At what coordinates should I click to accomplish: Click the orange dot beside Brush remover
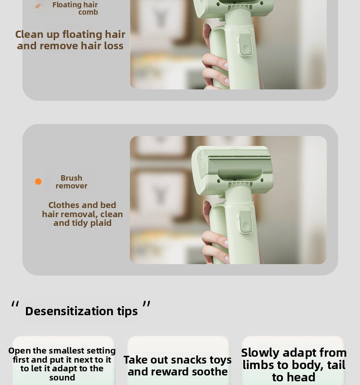tap(38, 182)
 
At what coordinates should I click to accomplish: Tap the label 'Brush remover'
tap(72, 182)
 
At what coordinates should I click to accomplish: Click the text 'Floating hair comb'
tap(75, 8)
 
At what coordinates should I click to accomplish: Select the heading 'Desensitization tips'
tap(82, 311)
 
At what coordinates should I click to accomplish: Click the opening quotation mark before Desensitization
tap(15, 304)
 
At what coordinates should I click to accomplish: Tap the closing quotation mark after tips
tap(146, 304)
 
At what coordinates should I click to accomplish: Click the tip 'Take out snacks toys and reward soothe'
tap(178, 365)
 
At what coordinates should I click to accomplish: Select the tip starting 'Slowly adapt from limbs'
tap(294, 364)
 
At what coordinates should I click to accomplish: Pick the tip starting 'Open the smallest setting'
tap(62, 364)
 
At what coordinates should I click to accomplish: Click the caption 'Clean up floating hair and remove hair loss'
tap(70, 40)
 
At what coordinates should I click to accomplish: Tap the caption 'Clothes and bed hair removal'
tap(82, 214)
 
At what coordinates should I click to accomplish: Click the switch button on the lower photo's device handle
tap(246, 222)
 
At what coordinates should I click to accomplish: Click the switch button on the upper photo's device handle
tap(245, 44)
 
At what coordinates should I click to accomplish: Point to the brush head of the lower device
tap(232, 169)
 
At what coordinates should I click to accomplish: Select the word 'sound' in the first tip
tap(62, 377)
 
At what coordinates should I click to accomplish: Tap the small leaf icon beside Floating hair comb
tap(38, 6)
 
